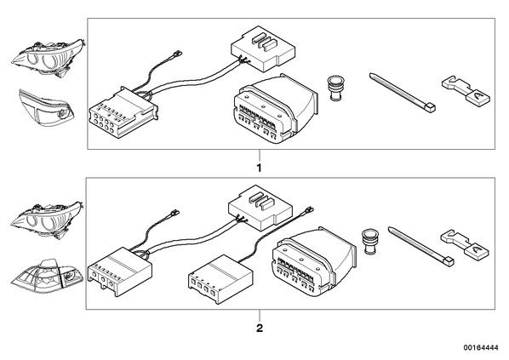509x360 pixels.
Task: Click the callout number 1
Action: pyautogui.click(x=259, y=168)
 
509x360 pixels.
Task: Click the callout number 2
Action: pyautogui.click(x=260, y=329)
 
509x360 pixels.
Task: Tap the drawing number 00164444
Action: pyautogui.click(x=481, y=348)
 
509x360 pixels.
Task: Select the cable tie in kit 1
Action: pyautogui.click(x=403, y=93)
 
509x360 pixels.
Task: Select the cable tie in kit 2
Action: pyautogui.click(x=421, y=247)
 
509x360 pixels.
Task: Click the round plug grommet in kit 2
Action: pyautogui.click(x=369, y=241)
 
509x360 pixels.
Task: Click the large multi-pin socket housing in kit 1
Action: pyautogui.click(x=275, y=108)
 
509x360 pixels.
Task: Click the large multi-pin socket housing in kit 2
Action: pyautogui.click(x=313, y=261)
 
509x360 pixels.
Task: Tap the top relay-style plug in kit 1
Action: pyautogui.click(x=263, y=49)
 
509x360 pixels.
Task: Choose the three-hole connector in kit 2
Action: pyautogui.click(x=119, y=271)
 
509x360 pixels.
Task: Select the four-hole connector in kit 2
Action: pyautogui.click(x=220, y=279)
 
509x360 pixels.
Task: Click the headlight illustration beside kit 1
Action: pyautogui.click(x=47, y=59)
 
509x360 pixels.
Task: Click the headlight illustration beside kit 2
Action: pyautogui.click(x=47, y=220)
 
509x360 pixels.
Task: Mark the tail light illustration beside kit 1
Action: pyautogui.click(x=45, y=108)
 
